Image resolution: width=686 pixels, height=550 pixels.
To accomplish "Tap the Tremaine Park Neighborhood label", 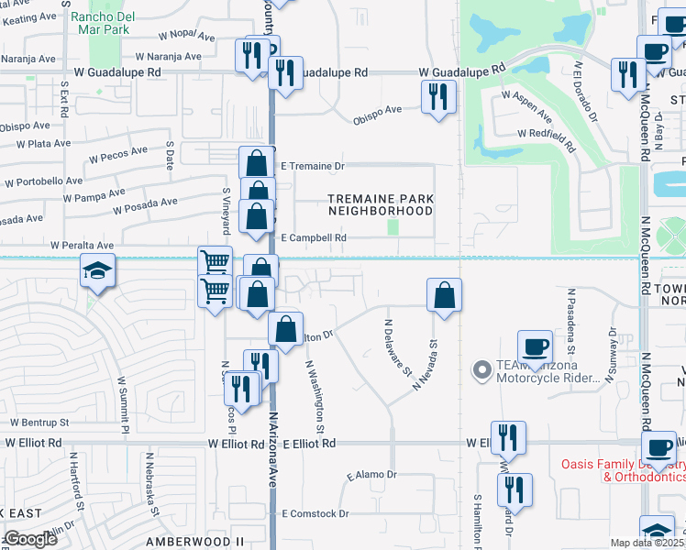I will (381, 204).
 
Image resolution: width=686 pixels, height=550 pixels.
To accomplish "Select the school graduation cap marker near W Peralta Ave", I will (96, 271).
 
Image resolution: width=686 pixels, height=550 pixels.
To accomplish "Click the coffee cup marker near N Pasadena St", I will (535, 347).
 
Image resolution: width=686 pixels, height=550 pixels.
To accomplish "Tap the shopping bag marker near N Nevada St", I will (443, 295).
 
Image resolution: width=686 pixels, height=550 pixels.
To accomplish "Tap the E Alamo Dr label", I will (371, 475).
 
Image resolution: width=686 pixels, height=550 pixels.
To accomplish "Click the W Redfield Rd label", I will (546, 138).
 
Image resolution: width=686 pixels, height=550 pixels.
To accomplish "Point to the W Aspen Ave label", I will (526, 105).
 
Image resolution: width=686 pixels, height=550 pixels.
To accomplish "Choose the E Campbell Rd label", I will (314, 237).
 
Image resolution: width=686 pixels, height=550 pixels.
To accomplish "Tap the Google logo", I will (29, 539).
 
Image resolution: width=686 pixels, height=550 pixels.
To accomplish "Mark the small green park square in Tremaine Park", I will (393, 225).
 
